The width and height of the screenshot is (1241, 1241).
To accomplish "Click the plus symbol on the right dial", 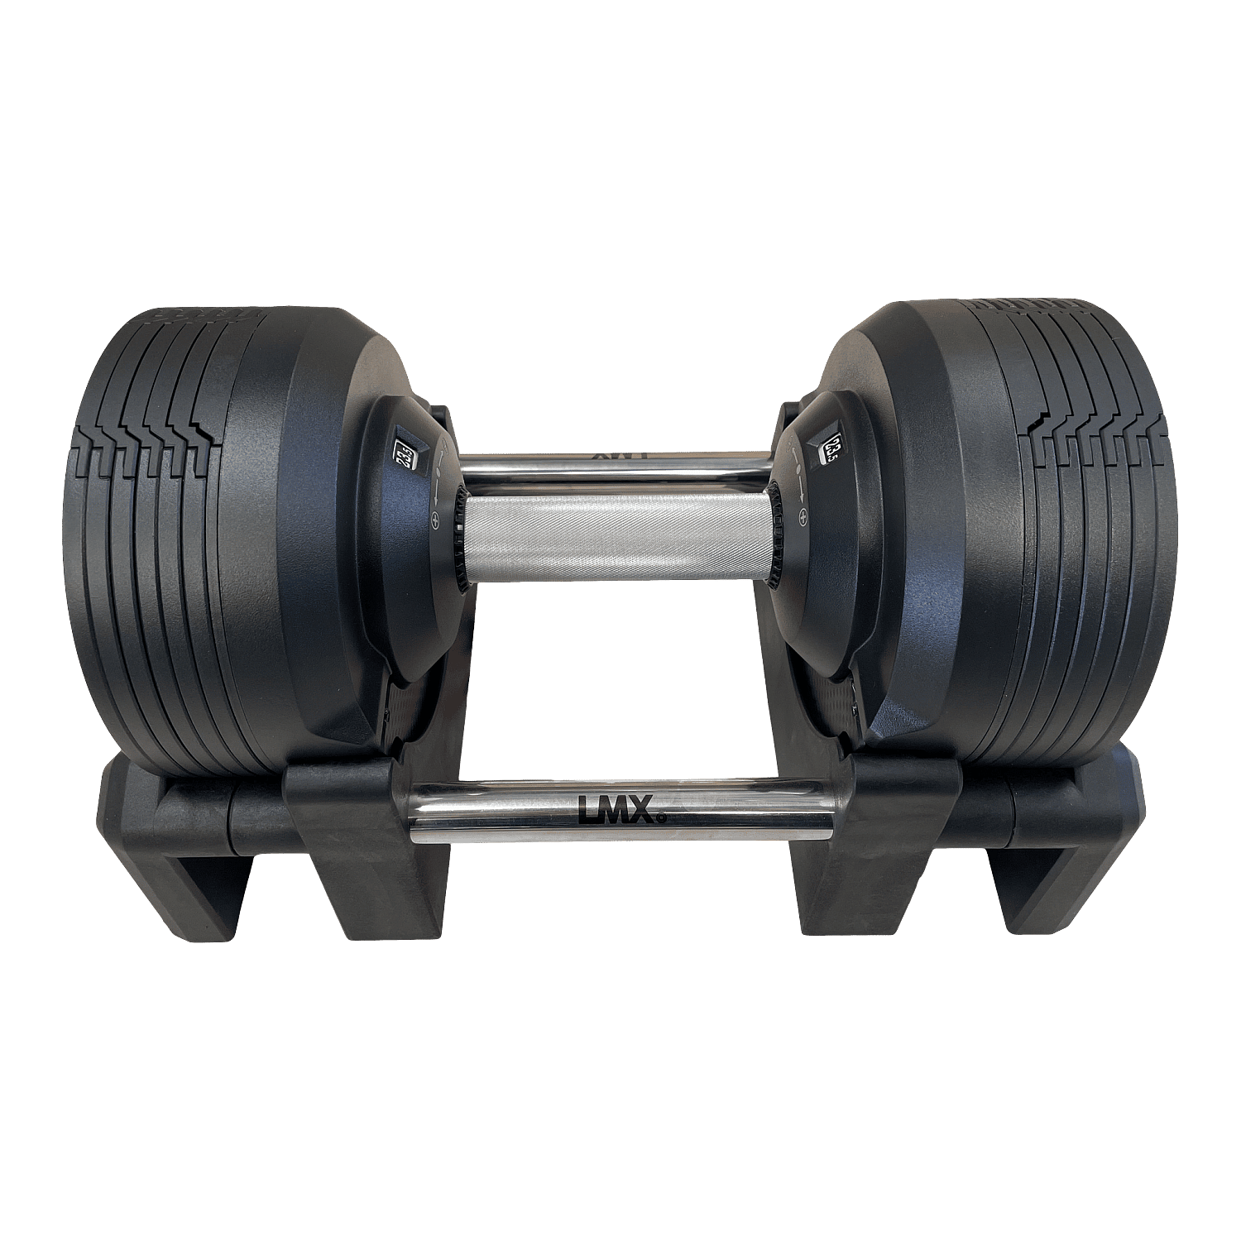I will [x=803, y=519].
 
